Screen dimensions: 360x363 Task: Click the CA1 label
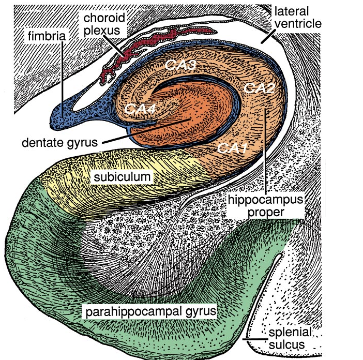(231, 148)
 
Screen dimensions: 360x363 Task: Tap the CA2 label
(258, 88)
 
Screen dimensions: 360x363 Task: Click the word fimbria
(47, 37)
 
